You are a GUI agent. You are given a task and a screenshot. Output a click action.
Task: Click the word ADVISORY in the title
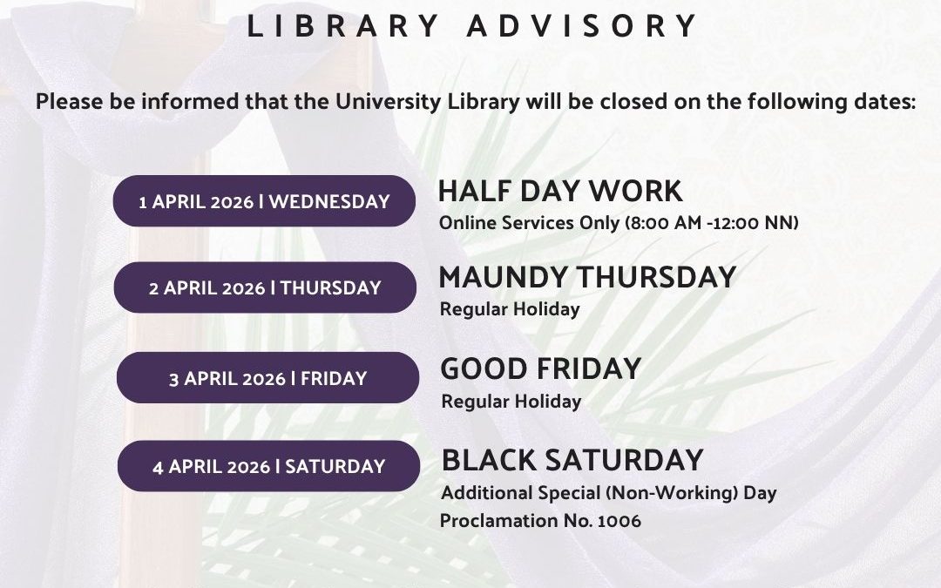(x=583, y=26)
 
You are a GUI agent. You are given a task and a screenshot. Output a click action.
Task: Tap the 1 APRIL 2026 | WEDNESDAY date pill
(x=264, y=201)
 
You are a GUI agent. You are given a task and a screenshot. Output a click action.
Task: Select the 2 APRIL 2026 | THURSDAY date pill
(x=265, y=287)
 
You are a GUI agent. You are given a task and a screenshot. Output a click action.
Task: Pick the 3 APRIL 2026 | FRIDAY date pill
(x=267, y=378)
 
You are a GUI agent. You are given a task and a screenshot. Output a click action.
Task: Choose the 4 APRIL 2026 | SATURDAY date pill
(x=268, y=466)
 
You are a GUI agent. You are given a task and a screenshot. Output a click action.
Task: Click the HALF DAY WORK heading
(x=560, y=191)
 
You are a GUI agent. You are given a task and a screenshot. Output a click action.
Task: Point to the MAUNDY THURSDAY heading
(x=587, y=277)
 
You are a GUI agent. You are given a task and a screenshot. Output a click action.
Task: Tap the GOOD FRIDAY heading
(x=540, y=368)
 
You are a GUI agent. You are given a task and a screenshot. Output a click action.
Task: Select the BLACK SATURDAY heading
(x=572, y=459)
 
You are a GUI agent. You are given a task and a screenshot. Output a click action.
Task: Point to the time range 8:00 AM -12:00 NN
(x=712, y=223)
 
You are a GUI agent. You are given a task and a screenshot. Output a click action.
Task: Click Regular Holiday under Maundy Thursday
(x=510, y=309)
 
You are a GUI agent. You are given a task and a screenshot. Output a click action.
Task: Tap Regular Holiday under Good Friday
(x=511, y=402)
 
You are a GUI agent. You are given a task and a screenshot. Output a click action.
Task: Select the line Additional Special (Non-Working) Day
(x=608, y=493)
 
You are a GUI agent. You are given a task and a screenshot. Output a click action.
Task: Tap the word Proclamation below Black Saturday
(x=497, y=521)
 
